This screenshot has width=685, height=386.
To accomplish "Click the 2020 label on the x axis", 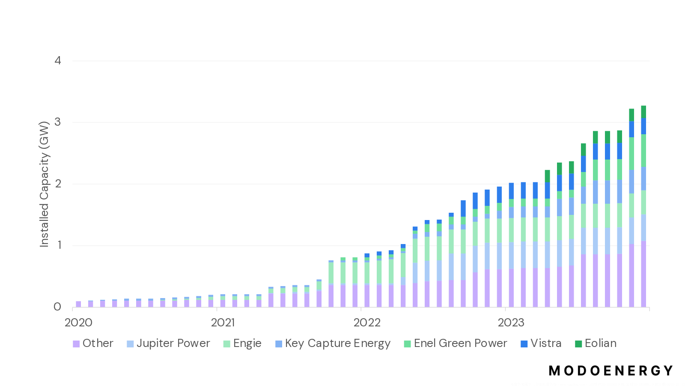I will (78, 323).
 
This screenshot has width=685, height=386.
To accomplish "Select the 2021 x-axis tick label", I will (223, 323).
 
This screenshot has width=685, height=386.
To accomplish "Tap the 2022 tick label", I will (367, 323).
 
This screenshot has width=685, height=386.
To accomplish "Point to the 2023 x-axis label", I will (511, 323).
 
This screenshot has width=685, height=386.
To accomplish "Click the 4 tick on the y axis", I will (58, 60).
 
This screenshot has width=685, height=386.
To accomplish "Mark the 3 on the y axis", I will (58, 122).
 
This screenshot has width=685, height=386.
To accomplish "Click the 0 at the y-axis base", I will (57, 307).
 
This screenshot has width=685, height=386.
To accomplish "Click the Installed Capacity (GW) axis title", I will (44, 184).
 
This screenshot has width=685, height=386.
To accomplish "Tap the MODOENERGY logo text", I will (611, 371).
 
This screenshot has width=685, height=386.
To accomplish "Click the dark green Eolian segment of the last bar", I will (643, 112).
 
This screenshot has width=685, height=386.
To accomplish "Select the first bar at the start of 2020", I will (78, 304).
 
